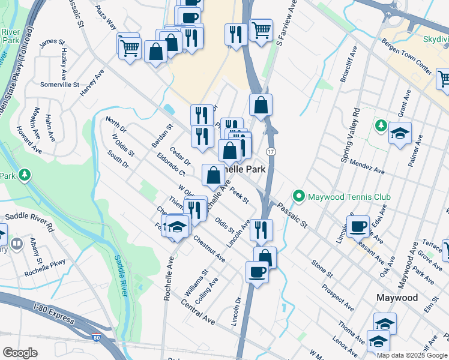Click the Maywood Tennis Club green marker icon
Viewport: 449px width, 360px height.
(298, 196)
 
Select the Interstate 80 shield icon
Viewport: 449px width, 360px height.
(97, 338)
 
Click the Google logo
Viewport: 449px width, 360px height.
(20, 353)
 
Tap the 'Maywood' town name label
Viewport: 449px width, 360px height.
(397, 298)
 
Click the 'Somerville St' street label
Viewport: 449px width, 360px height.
(59, 85)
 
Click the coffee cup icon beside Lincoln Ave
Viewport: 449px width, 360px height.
(358, 226)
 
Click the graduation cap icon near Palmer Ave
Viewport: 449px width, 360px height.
(399, 133)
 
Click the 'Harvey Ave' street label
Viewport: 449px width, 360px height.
(92, 83)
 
